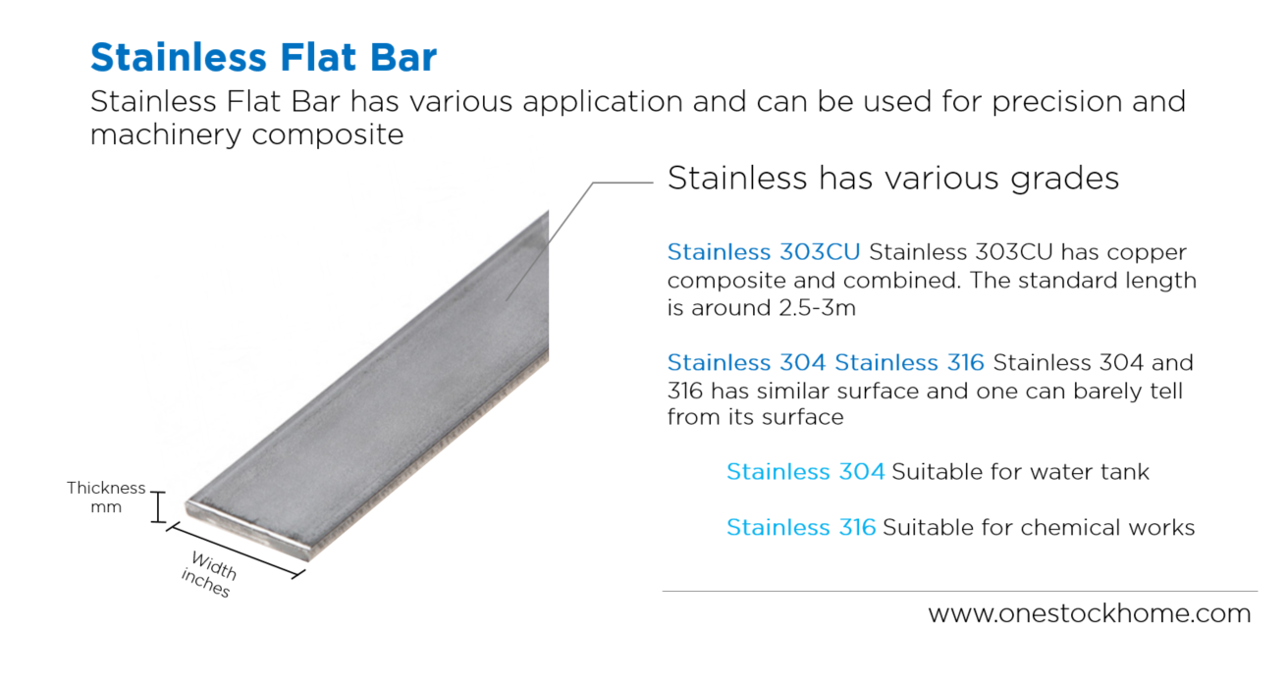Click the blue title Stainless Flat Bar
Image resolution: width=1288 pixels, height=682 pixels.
click(263, 58)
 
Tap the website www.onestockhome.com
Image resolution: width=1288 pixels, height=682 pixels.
click(1090, 614)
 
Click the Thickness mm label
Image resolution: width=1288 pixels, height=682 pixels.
click(106, 497)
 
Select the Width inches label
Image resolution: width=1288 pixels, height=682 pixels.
click(209, 574)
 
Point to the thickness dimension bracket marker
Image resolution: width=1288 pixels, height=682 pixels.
click(157, 507)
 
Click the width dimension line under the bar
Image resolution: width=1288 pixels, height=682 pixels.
click(236, 551)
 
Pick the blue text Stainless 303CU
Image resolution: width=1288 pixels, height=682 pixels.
click(763, 252)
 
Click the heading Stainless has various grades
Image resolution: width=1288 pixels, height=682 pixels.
click(893, 179)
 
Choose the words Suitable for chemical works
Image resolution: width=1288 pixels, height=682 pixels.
click(1039, 528)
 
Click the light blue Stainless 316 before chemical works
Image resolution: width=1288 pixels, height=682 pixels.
click(800, 528)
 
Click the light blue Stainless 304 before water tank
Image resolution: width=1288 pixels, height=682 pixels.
click(805, 472)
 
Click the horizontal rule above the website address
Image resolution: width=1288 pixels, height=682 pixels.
click(959, 591)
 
